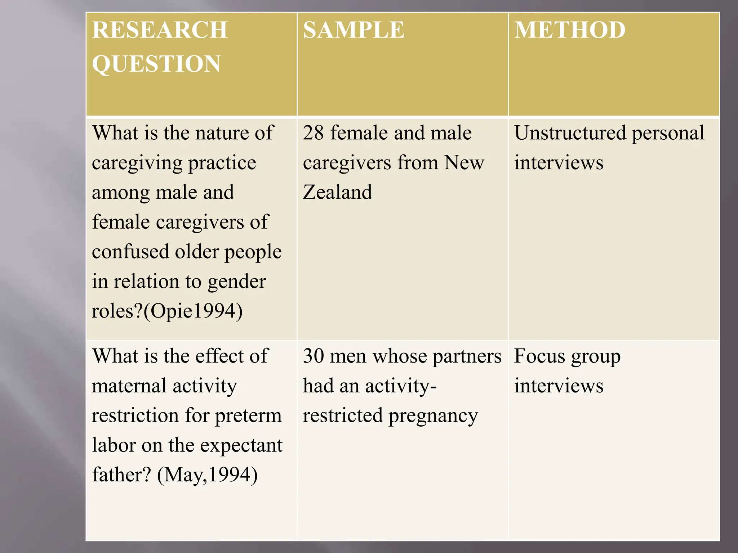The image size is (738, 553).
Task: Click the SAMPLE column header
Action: pyautogui.click(x=354, y=30)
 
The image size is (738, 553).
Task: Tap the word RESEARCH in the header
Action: pyautogui.click(x=160, y=30)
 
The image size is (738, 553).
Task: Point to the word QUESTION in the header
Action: pyautogui.click(x=156, y=64)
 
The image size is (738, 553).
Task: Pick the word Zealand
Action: pyautogui.click(x=337, y=192)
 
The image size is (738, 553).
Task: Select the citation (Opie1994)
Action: pyautogui.click(x=193, y=311)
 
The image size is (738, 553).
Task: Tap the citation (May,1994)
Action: pyautogui.click(x=207, y=475)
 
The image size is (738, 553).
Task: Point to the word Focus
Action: pyautogui.click(x=539, y=356)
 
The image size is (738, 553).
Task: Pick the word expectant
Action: pyautogui.click(x=241, y=446)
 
